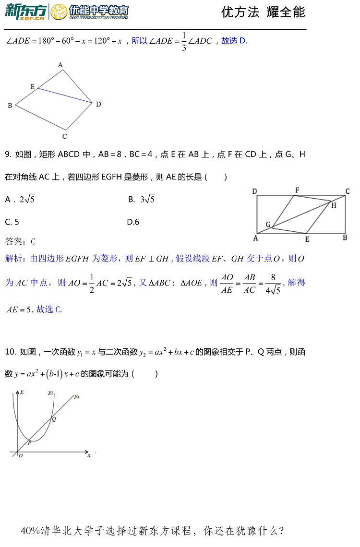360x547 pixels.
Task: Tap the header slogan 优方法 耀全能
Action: (263, 12)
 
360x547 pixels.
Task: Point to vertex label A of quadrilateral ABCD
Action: (60, 65)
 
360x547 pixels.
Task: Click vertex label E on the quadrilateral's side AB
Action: (32, 87)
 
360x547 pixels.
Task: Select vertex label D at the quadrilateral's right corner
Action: (98, 104)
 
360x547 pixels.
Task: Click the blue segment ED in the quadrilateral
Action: (65, 95)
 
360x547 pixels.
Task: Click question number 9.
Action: (8, 155)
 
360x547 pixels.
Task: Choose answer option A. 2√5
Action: (20, 199)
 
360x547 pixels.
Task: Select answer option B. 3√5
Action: (141, 199)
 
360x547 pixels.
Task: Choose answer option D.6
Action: (133, 222)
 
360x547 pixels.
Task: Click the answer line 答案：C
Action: (20, 241)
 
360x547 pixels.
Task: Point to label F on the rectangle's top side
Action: (297, 190)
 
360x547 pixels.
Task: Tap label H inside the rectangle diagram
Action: (334, 205)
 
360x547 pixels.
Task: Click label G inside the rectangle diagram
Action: (268, 224)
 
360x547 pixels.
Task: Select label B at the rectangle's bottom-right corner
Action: (345, 237)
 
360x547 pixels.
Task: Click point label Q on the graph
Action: (54, 419)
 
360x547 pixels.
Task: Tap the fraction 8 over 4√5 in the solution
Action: (273, 284)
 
